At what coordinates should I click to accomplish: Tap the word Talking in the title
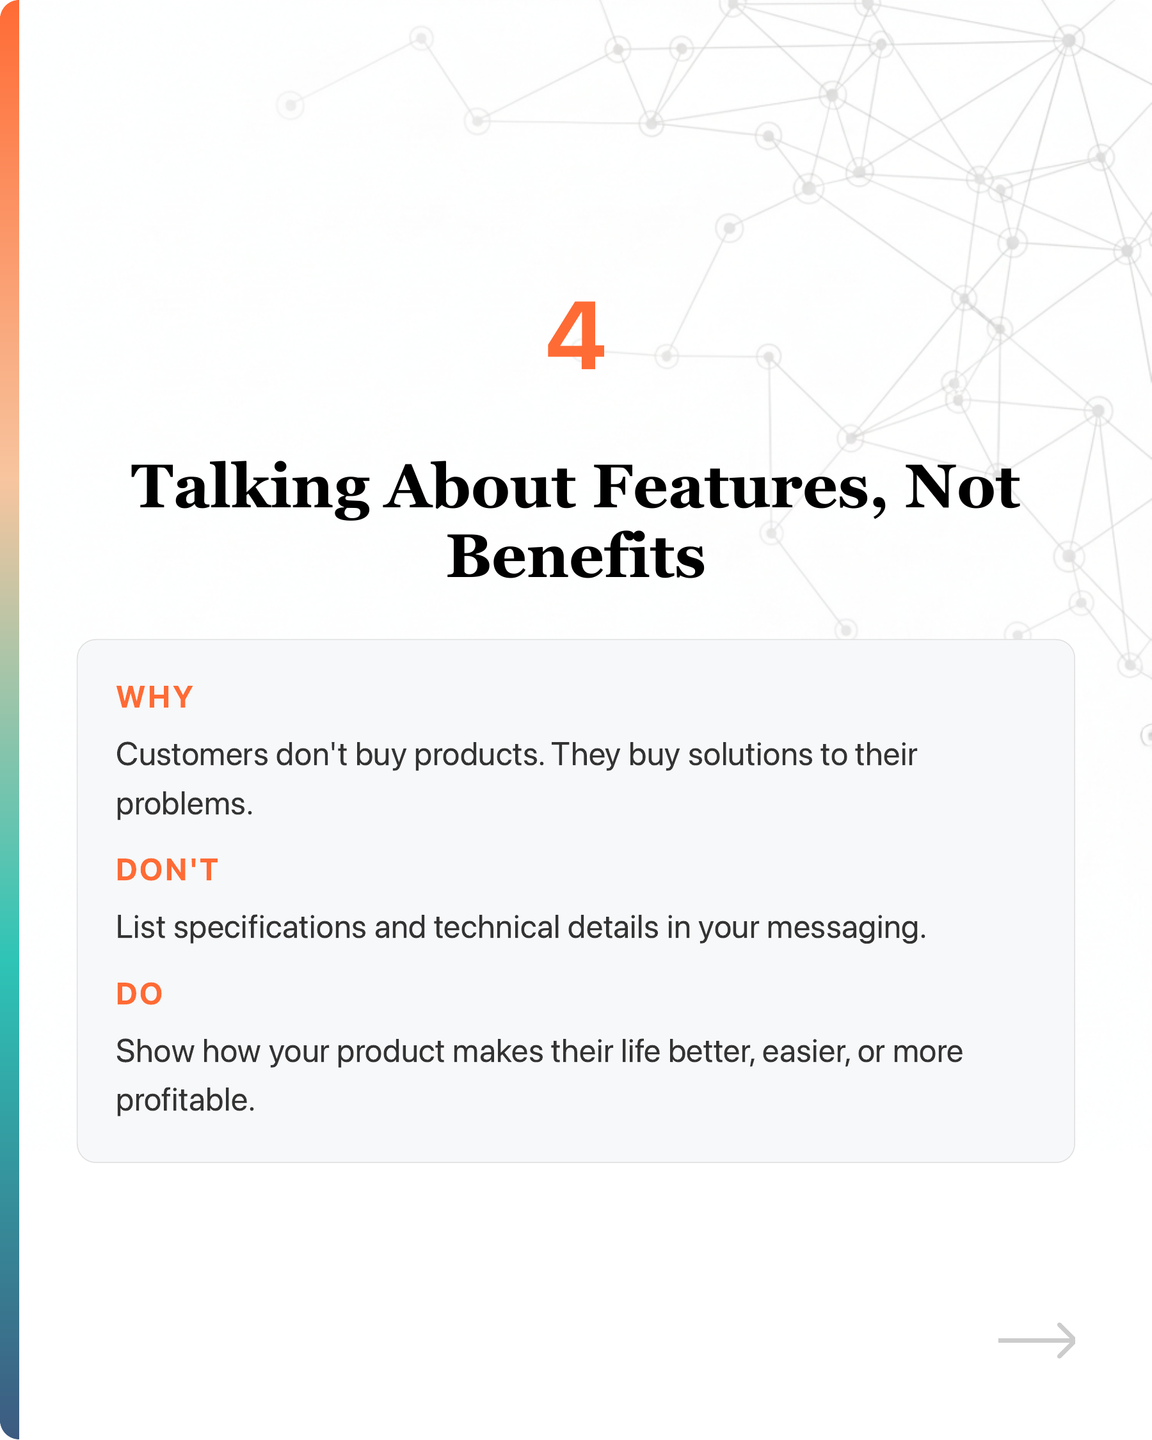pyautogui.click(x=250, y=487)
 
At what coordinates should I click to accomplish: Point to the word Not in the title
pyautogui.click(x=962, y=487)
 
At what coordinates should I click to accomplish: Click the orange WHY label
pyautogui.click(x=155, y=697)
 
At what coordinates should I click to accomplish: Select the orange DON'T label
pyautogui.click(x=167, y=870)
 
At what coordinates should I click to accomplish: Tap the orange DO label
pyautogui.click(x=140, y=994)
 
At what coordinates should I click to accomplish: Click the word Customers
pyautogui.click(x=192, y=755)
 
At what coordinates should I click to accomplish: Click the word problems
pyautogui.click(x=184, y=804)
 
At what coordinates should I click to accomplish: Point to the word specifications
pyautogui.click(x=269, y=928)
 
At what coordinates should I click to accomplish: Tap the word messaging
pyautogui.click(x=845, y=928)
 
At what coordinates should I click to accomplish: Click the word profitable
pyautogui.click(x=185, y=1100)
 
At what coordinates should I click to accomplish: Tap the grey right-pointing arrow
pyautogui.click(x=1036, y=1340)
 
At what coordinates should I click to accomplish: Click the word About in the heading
pyautogui.click(x=481, y=487)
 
